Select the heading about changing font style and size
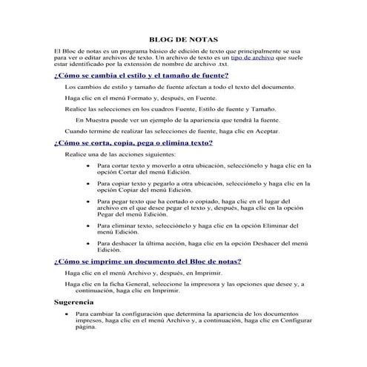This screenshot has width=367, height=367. [141, 76]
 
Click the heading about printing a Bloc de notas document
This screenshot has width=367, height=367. [148, 261]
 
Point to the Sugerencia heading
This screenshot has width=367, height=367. [79, 302]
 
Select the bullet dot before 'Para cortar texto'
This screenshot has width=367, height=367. [88, 166]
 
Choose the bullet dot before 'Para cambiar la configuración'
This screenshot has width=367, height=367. [67, 314]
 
